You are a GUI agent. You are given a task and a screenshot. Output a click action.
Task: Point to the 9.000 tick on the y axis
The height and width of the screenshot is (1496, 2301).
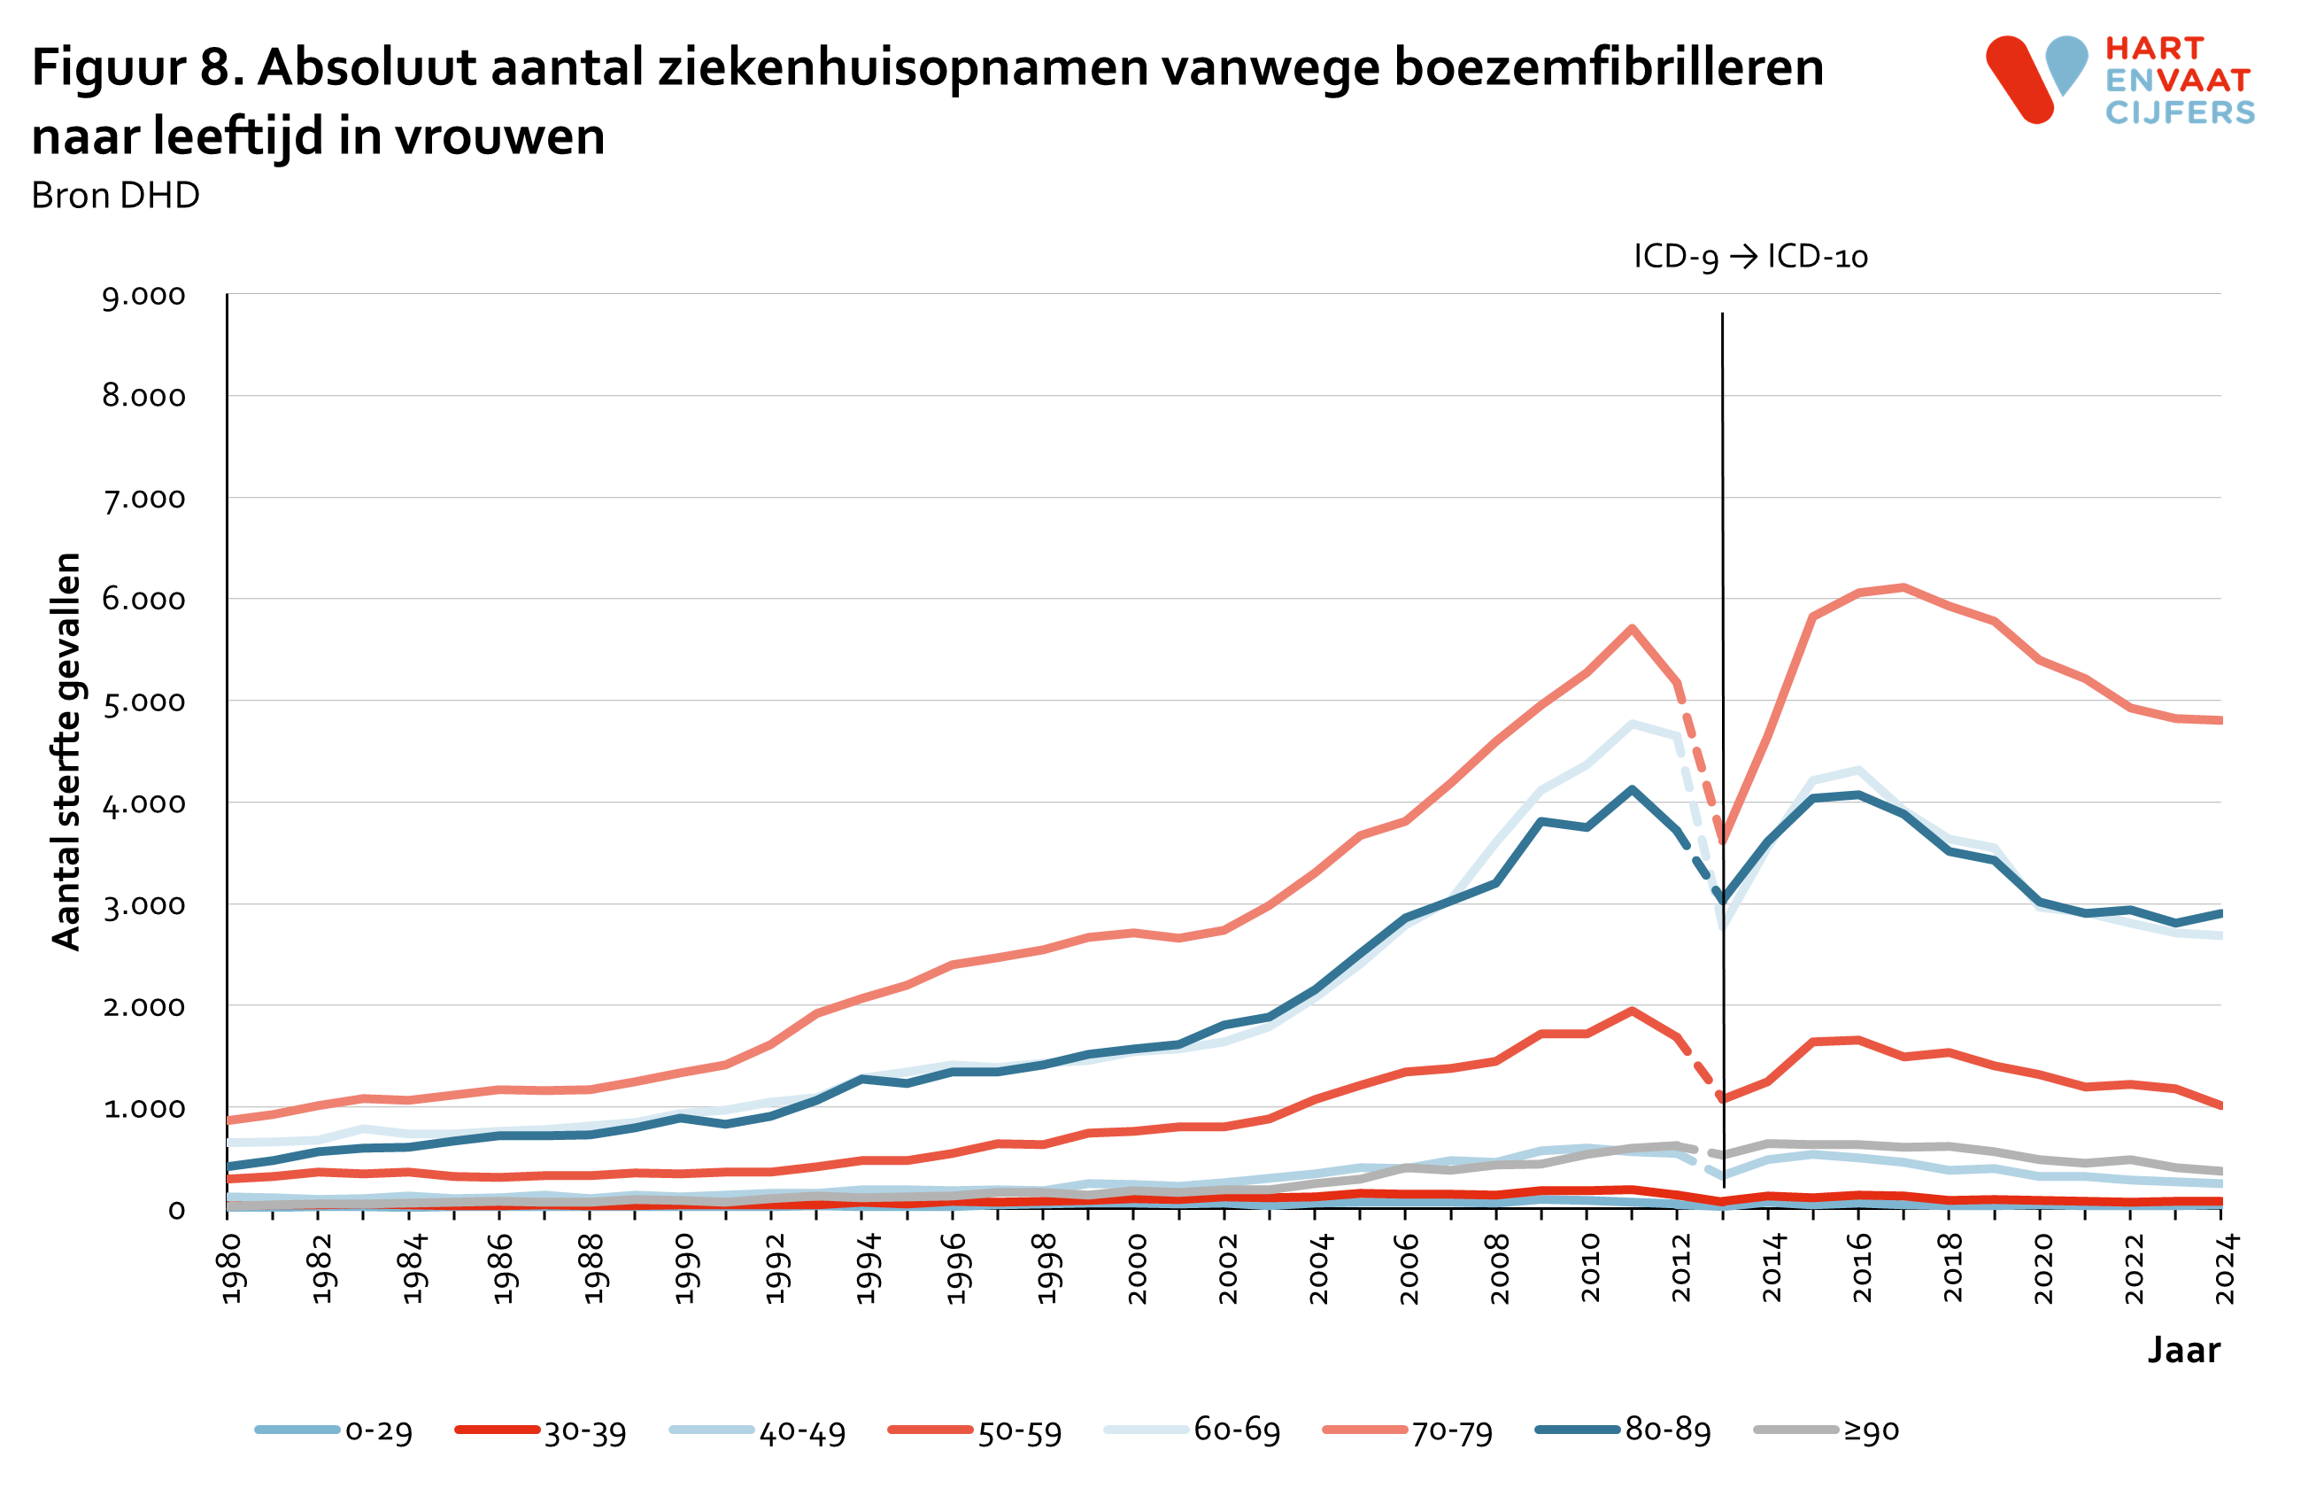point(144,295)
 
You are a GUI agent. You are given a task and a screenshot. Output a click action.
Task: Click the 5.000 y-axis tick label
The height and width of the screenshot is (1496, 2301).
point(144,701)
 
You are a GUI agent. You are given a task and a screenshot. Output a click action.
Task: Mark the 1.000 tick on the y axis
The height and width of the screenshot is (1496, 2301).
point(144,1108)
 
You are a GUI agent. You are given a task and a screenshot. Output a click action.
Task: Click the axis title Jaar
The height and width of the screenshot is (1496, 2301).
point(2183,1350)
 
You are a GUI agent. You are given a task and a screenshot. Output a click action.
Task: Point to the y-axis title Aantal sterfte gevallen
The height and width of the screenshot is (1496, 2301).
point(66,751)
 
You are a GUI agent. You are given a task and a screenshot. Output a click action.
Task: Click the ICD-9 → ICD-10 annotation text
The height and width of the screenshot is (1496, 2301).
point(1750,256)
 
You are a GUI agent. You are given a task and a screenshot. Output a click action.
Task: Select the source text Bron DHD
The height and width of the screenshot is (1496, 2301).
point(115,196)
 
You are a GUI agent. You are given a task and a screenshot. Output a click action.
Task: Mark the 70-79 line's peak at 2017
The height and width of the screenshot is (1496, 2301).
point(1903,587)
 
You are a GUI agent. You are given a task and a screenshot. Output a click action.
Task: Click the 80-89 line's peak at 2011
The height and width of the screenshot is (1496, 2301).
point(1632,789)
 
